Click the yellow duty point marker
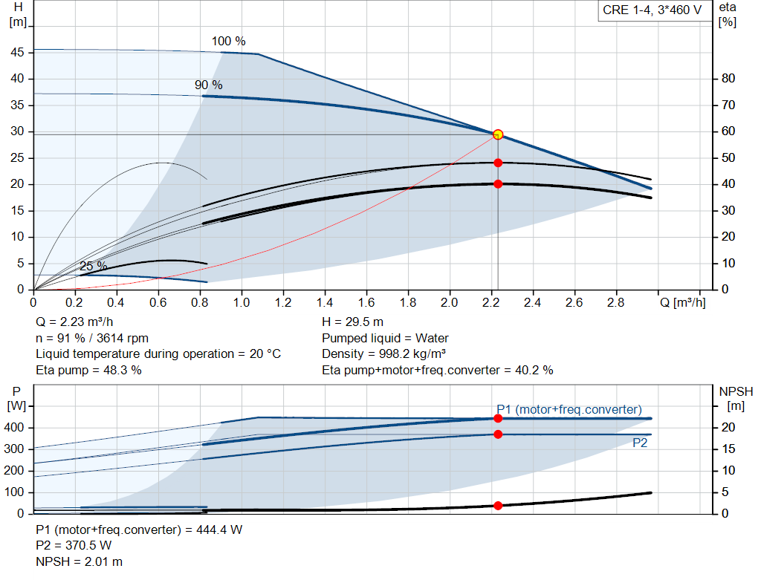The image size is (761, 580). [x=498, y=134]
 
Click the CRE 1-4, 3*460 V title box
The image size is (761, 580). [x=652, y=11]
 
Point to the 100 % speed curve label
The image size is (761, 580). [x=228, y=42]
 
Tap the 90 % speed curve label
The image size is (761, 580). [x=208, y=85]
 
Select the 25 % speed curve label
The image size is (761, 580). [x=93, y=267]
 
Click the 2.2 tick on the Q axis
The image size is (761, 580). [x=490, y=303]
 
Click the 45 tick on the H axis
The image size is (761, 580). [x=17, y=53]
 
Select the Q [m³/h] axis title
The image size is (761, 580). [x=683, y=303]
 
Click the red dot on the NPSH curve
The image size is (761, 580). [x=498, y=506]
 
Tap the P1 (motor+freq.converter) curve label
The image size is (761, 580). [x=569, y=409]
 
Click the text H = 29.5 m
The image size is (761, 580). [x=353, y=322]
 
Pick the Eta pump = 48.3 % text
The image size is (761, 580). [x=88, y=369]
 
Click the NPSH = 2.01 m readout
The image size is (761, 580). [x=80, y=561]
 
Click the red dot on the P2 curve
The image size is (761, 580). [x=498, y=434]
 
